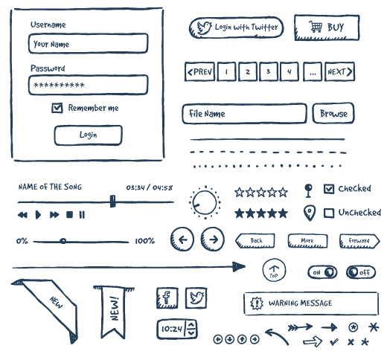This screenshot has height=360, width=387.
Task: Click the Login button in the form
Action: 88,135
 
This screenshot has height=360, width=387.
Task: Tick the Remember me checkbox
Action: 57,108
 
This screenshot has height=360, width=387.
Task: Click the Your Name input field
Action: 88,44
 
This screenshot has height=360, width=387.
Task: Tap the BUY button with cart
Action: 327,28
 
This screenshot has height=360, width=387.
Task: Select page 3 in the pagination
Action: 268,71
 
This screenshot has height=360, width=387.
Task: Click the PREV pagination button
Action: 199,71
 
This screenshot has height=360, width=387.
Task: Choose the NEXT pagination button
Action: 339,71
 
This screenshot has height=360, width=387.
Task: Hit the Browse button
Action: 333,113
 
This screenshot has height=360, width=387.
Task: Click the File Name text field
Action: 244,114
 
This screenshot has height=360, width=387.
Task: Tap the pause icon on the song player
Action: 82,215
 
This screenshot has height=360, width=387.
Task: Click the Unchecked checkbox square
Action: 329,213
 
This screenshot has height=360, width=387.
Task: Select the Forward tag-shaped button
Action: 359,241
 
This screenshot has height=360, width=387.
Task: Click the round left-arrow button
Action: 182,240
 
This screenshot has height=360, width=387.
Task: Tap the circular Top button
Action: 274,270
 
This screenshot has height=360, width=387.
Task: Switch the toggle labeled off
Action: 361,272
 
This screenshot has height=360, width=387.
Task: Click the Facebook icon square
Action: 167,298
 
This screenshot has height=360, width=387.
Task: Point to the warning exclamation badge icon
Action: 257,303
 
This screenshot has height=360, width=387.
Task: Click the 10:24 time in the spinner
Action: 172,329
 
